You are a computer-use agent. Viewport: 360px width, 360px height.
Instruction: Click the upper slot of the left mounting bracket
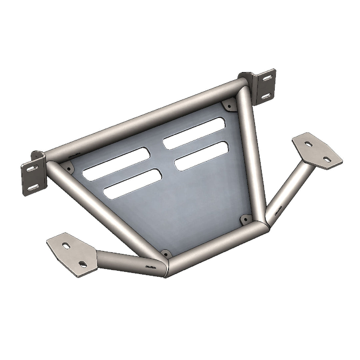tap(31, 169)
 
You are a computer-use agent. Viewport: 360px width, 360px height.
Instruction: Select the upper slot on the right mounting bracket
tap(267, 79)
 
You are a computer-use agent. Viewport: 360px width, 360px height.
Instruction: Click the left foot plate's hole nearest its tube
tap(82, 264)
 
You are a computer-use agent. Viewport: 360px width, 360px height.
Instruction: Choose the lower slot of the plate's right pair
tap(201, 156)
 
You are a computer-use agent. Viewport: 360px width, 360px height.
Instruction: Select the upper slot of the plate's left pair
tap(116, 164)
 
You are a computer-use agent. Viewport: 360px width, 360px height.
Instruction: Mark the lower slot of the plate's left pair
tap(132, 184)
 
